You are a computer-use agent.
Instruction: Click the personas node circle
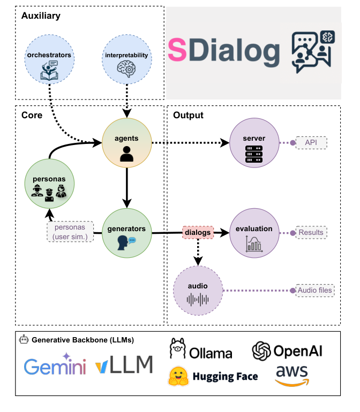50,185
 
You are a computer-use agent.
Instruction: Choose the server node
254,143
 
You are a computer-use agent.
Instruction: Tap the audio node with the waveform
197,291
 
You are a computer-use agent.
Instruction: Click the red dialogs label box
198,233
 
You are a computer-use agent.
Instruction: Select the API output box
311,143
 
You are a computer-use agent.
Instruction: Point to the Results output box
311,233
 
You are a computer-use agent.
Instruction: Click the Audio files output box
316,291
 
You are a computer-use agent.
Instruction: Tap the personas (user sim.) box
70,231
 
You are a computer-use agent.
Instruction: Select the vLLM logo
124,365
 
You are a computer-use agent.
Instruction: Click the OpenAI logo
287,351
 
